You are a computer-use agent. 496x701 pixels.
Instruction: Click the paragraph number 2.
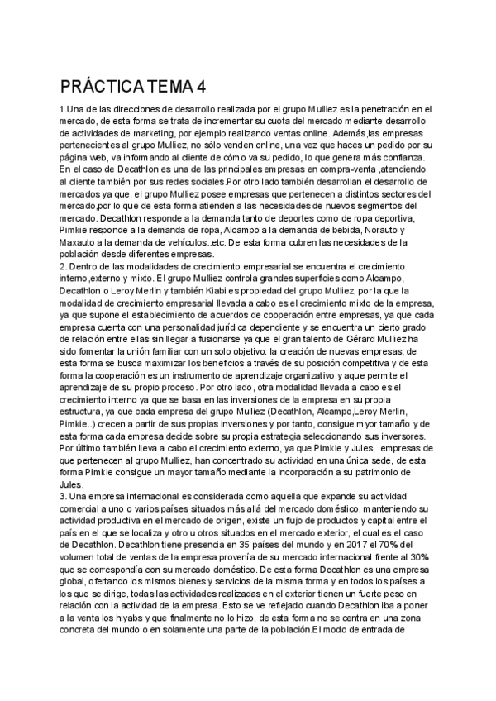(63, 266)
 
